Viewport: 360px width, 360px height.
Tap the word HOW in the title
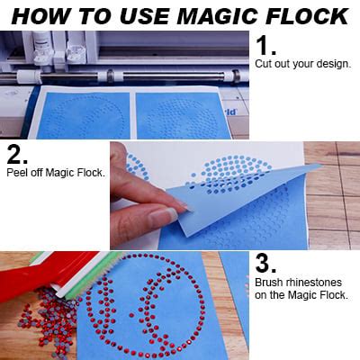tap(40, 15)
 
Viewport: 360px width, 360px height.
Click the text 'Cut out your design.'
tap(302, 66)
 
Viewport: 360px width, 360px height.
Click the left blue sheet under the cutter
tap(81, 114)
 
